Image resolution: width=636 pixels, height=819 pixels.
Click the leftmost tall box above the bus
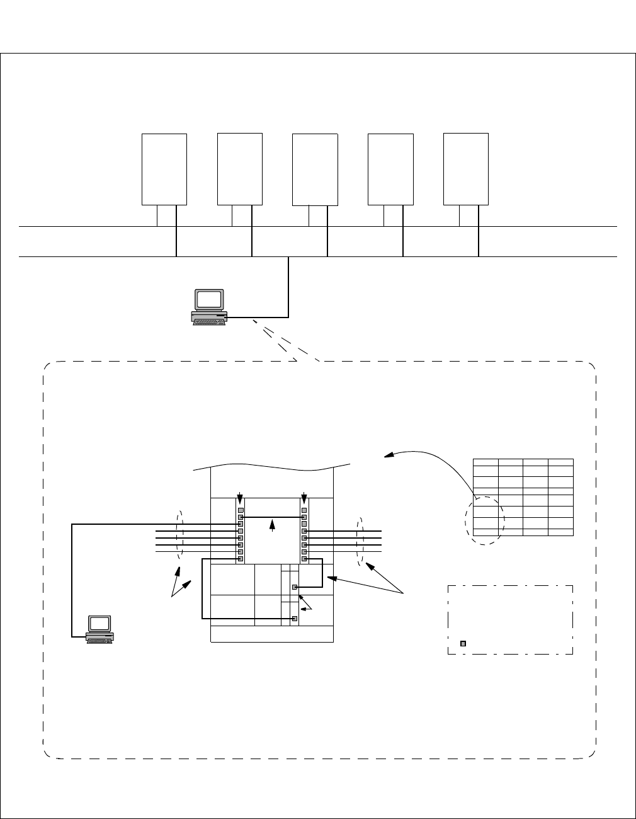point(164,169)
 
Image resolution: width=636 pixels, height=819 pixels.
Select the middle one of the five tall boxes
point(315,169)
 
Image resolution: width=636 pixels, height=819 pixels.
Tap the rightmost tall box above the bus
point(466,169)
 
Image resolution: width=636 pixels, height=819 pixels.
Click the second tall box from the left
point(240,169)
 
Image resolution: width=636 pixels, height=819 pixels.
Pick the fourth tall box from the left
point(390,169)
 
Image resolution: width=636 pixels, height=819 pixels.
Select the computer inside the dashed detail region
point(100,629)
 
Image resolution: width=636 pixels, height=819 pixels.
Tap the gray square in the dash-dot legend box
point(463,643)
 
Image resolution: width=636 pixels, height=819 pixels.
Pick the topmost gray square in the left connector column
point(241,510)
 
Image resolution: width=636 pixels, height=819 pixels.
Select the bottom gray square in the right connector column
point(304,559)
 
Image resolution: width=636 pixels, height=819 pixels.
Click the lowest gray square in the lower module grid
point(294,619)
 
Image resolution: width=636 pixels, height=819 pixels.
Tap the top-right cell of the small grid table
point(560,462)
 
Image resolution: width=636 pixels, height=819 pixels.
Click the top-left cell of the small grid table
point(486,462)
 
